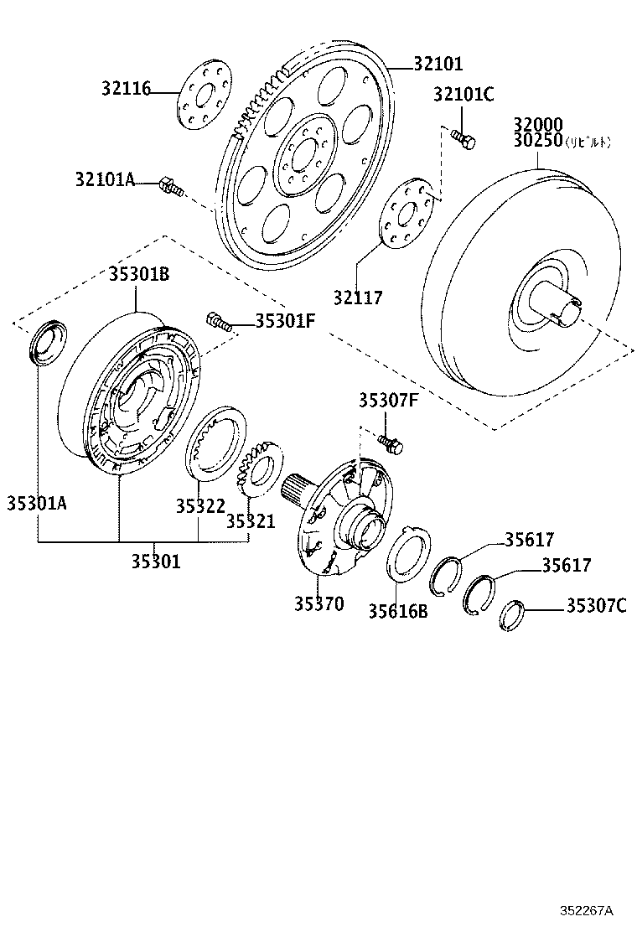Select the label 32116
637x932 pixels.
127,88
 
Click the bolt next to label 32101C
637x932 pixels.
462,138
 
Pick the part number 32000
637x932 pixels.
538,125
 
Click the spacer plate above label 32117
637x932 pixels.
407,213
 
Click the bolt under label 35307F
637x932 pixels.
391,443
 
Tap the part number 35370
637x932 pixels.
318,603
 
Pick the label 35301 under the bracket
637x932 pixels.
155,561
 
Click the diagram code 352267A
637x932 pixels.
587,910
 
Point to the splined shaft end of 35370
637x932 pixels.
298,490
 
